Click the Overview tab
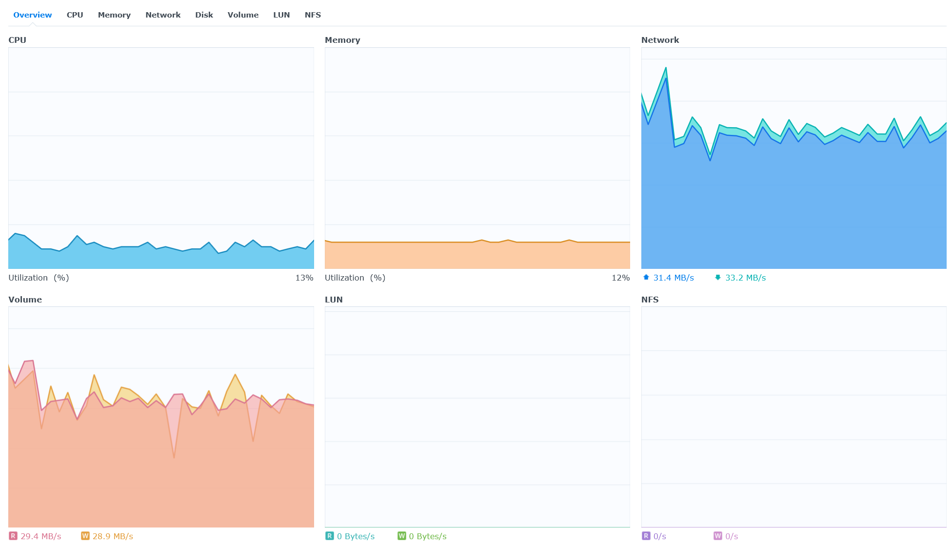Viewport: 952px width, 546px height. pos(32,15)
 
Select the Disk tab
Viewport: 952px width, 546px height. pos(204,15)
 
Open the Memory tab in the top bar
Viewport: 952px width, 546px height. pos(114,15)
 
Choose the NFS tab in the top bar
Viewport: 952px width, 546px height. pos(313,15)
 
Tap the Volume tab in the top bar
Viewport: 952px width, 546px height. pos(243,15)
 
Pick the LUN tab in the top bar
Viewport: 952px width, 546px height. pos(281,15)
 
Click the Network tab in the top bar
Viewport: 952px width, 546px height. pos(163,15)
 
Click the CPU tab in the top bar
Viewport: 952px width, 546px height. pos(75,15)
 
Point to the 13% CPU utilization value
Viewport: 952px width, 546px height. pos(304,278)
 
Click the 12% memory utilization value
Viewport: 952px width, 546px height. pos(621,278)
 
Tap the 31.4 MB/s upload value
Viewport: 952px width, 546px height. pos(674,278)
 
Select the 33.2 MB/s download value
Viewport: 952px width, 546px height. pos(745,278)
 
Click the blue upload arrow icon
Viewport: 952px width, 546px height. pos(646,277)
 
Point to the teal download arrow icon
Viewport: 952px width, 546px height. pos(718,278)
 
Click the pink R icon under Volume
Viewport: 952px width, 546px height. pos(13,536)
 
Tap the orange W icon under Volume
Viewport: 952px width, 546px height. pos(85,536)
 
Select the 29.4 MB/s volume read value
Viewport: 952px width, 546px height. pos(41,536)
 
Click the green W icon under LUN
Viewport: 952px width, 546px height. pos(402,536)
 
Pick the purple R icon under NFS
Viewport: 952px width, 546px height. pos(646,536)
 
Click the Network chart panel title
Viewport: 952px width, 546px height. pos(660,40)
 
